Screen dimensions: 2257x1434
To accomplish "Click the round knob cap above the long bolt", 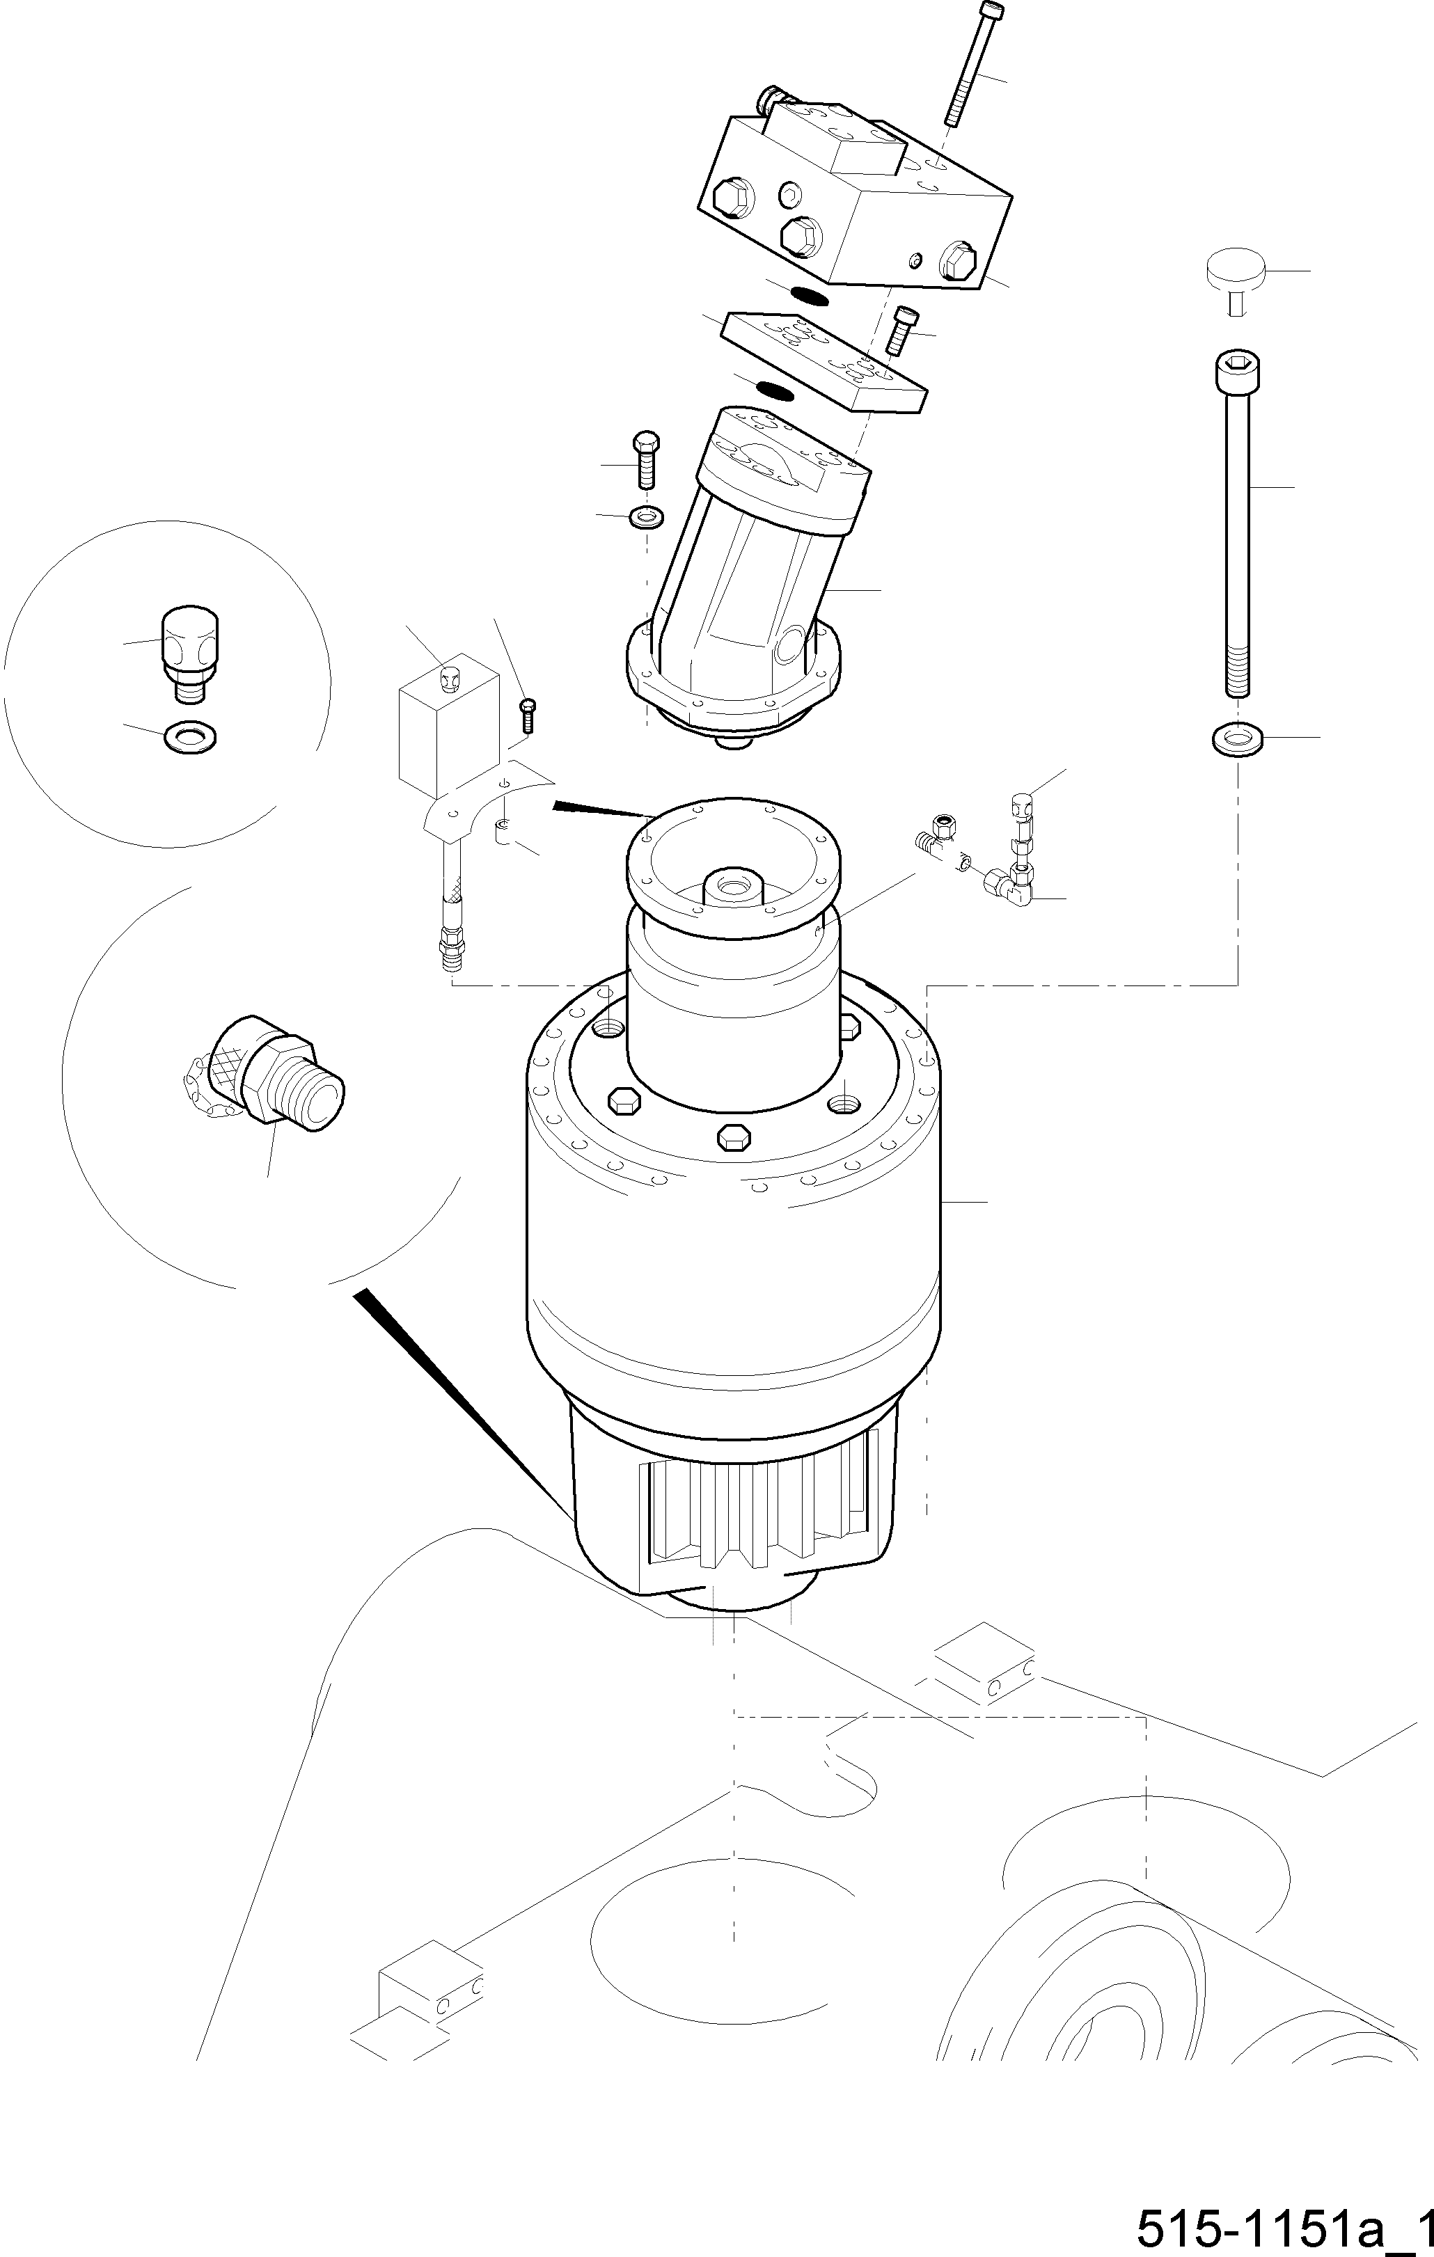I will coord(1236,272).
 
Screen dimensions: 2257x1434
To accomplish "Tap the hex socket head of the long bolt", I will coord(1237,372).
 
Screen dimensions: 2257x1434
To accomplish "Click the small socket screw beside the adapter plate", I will coord(901,329).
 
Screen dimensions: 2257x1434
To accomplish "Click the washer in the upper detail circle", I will coord(190,737).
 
